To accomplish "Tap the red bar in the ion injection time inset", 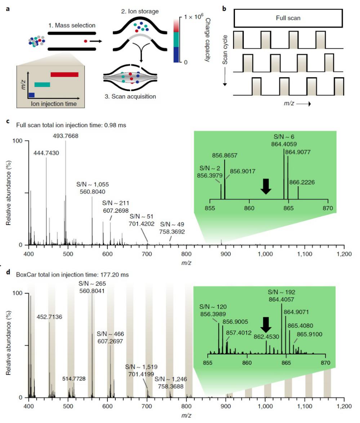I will pyautogui.click(x=64, y=74).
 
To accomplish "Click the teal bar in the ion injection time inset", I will pyautogui.click(x=42, y=84).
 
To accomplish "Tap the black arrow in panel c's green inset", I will pyautogui.click(x=266, y=186).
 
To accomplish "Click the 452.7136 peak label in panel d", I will pyautogui.click(x=49, y=317).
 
